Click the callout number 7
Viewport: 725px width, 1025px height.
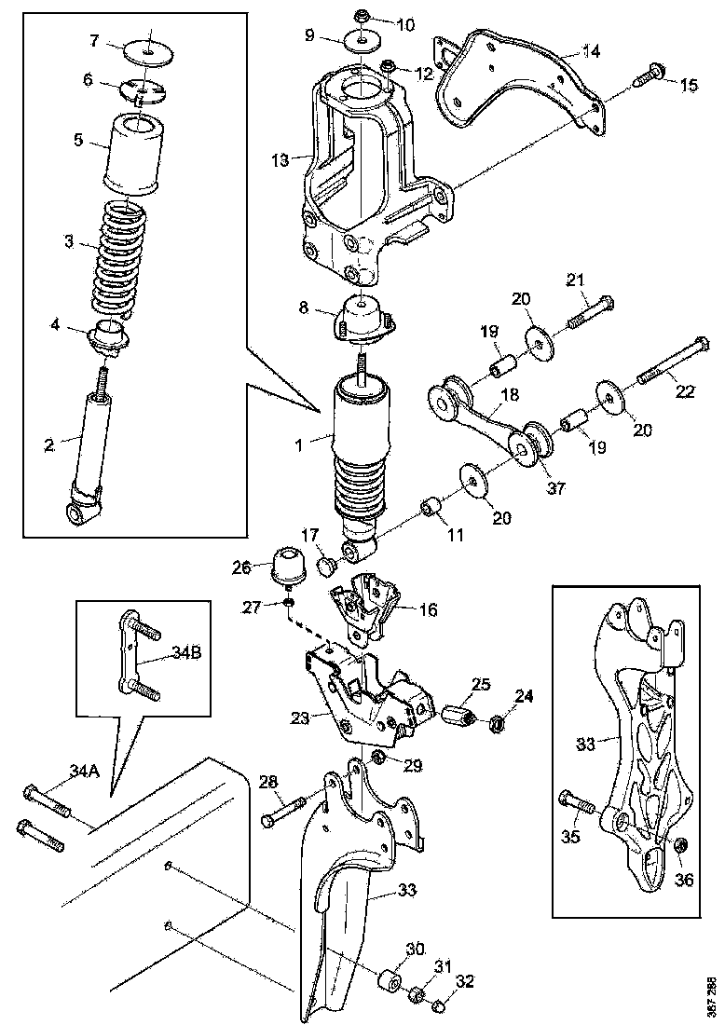click(94, 40)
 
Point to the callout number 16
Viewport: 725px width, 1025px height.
click(428, 610)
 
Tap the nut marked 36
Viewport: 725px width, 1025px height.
click(680, 844)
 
